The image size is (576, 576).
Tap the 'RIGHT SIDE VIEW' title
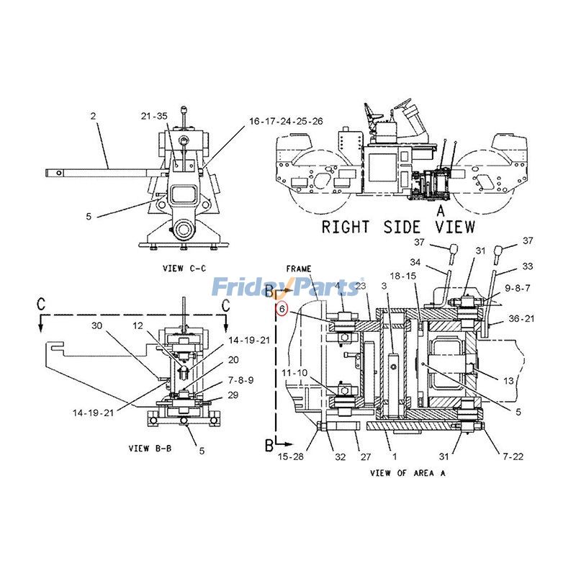(398, 227)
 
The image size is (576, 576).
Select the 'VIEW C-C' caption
(184, 269)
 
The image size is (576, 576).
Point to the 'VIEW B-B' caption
(148, 448)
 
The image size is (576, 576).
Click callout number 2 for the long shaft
(93, 115)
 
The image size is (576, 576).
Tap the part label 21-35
(154, 116)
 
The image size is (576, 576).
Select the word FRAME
(298, 268)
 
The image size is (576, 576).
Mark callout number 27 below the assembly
(365, 456)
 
